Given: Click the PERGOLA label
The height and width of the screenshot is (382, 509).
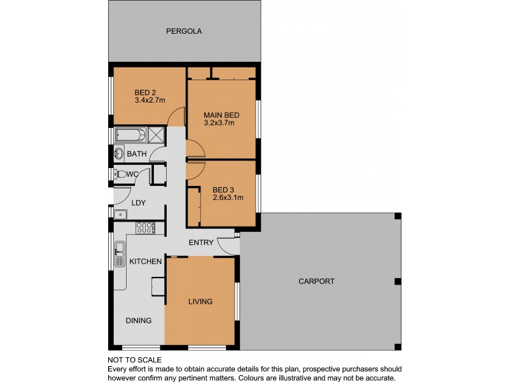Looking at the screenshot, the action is tap(184, 31).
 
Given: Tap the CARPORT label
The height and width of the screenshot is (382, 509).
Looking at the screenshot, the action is tap(316, 281).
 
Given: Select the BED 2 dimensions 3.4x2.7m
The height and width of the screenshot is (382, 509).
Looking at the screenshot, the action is tap(150, 100).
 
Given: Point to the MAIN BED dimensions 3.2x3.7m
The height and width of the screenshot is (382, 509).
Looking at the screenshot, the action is tap(219, 123).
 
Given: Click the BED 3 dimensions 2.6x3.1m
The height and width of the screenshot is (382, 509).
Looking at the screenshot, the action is tap(228, 197).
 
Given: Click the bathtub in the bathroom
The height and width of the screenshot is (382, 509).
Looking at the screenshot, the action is tap(131, 135).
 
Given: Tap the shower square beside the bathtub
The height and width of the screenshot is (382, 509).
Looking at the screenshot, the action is tap(157, 135).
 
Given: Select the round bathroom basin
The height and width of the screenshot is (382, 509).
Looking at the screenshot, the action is tap(119, 153).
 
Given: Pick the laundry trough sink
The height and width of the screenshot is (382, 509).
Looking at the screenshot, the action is tap(120, 215).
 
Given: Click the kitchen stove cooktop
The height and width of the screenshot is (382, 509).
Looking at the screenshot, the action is tap(146, 228).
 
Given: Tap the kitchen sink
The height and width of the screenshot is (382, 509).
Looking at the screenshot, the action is tap(120, 253).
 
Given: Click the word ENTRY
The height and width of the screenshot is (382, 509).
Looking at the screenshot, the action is tap(201, 243).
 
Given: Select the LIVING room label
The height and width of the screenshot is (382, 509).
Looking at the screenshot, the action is tap(200, 302).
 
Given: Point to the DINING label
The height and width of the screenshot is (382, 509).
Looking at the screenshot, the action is tap(139, 321).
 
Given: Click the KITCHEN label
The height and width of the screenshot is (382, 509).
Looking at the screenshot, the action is tap(146, 262).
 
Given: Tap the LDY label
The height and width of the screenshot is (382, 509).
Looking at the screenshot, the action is tap(139, 203).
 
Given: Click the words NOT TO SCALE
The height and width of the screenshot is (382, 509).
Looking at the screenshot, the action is tap(134, 360).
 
